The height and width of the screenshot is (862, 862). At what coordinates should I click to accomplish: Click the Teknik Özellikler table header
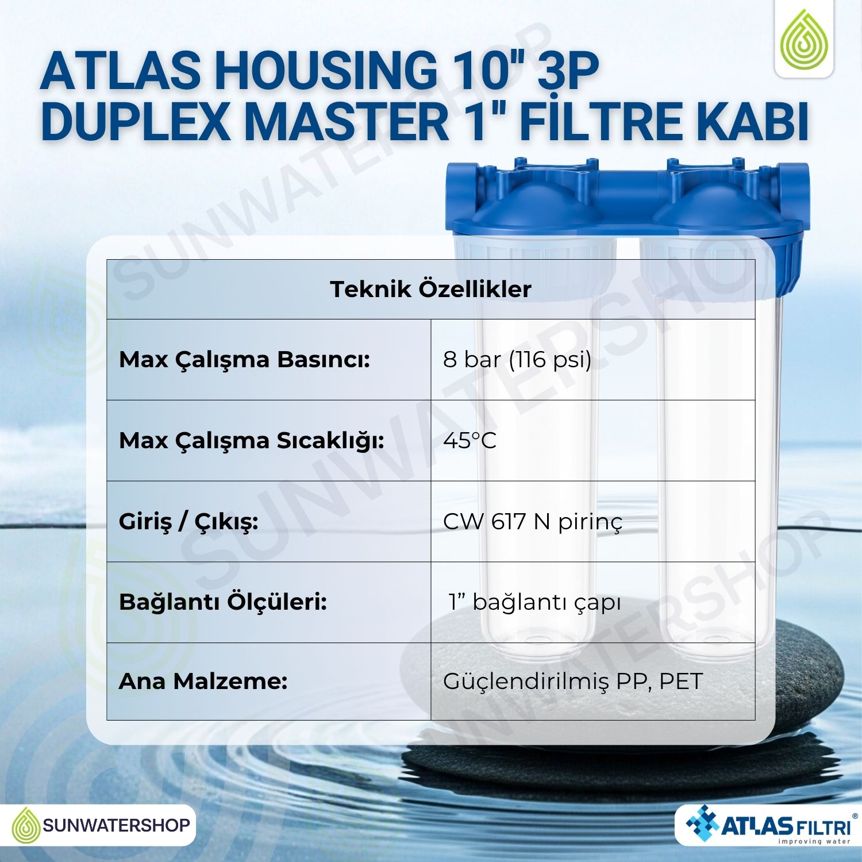point(430,289)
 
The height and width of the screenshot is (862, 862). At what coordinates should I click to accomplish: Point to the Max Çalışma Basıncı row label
point(244,360)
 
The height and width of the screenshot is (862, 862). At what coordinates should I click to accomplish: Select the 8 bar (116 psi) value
point(517,360)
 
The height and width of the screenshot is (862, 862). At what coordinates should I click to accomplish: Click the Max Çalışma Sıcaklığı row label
point(252,441)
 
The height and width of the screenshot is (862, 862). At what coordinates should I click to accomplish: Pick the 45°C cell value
point(470,441)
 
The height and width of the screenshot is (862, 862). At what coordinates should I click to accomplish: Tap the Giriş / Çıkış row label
point(188,522)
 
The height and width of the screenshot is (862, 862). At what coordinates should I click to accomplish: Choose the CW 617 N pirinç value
point(533,522)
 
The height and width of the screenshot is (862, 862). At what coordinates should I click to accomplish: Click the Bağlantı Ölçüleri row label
point(223,602)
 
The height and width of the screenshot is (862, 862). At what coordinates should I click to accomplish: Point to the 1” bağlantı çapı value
point(535,603)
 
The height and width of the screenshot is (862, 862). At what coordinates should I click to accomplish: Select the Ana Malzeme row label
point(203,682)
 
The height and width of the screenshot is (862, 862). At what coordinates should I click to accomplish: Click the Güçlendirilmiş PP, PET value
point(573,682)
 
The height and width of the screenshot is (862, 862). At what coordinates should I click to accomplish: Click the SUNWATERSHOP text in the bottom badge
point(117,826)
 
